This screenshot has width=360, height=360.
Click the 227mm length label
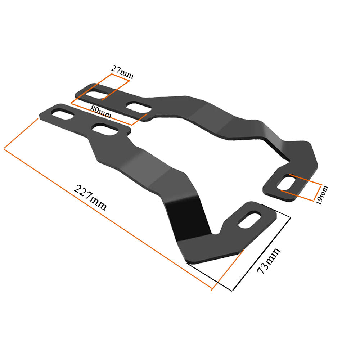pyautogui.click(x=90, y=198)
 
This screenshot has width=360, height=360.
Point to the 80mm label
pyautogui.click(x=100, y=112)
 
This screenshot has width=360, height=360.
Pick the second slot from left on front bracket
pyautogui.click(x=105, y=130)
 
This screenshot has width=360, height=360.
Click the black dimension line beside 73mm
pyautogui.click(x=261, y=252)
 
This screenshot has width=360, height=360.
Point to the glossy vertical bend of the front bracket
pyautogui.click(x=187, y=220)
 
